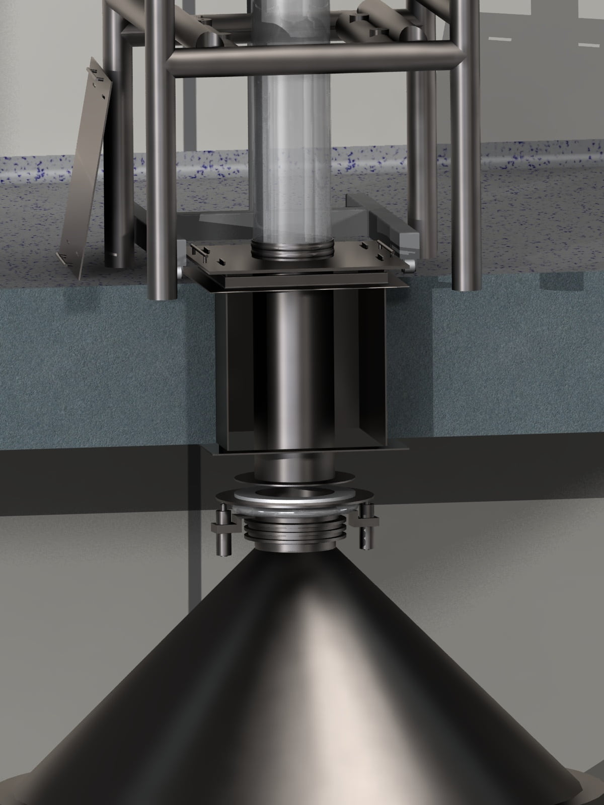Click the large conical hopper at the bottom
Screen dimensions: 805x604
click(302, 679)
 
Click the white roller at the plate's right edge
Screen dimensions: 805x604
click(412, 264)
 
